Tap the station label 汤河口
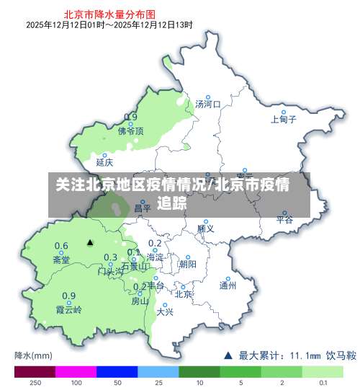point(208,105)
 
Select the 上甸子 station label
point(284,120)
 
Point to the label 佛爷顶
point(130,131)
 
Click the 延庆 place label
point(104,162)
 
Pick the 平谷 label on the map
point(285,220)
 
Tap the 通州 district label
point(228,285)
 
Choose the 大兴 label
point(165,312)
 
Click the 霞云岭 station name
point(69,310)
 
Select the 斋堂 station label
point(62,260)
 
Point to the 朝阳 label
point(187,264)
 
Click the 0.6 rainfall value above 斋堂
point(62,246)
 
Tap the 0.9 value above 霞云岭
point(68,296)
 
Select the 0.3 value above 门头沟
point(110,257)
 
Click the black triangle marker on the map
point(90,242)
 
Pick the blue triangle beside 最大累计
point(228,355)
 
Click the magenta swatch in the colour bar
point(76,371)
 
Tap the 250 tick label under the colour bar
point(35,384)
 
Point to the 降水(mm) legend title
point(34,355)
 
